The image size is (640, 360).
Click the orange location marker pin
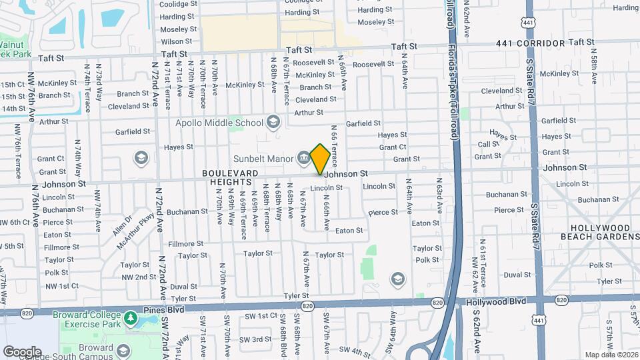point(320,159)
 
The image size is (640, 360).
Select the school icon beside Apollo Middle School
point(272,122)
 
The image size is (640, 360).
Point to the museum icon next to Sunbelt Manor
point(303,159)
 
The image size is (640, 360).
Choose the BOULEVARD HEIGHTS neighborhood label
point(230,177)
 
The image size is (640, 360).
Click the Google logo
point(21,351)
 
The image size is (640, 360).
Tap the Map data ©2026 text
point(610,354)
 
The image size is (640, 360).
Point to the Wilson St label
point(177,41)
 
